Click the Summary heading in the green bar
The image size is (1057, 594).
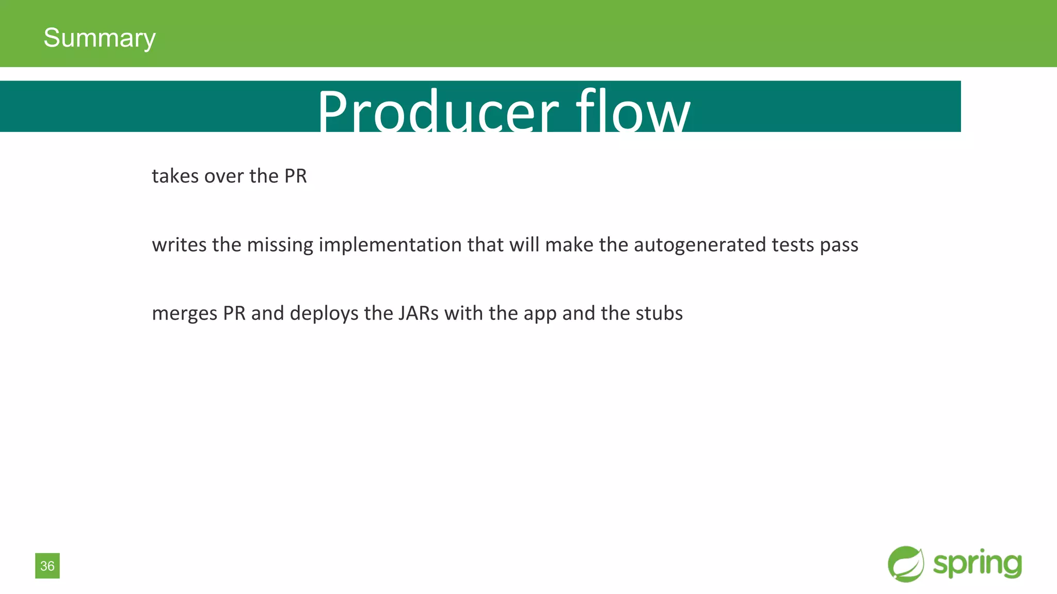(99, 38)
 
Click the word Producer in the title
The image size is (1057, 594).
(438, 111)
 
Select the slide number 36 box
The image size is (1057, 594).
(47, 566)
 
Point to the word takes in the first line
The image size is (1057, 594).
(175, 176)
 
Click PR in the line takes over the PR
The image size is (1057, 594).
(295, 176)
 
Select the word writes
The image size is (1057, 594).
(179, 245)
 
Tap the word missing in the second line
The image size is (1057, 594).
(280, 245)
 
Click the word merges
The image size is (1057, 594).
(184, 314)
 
